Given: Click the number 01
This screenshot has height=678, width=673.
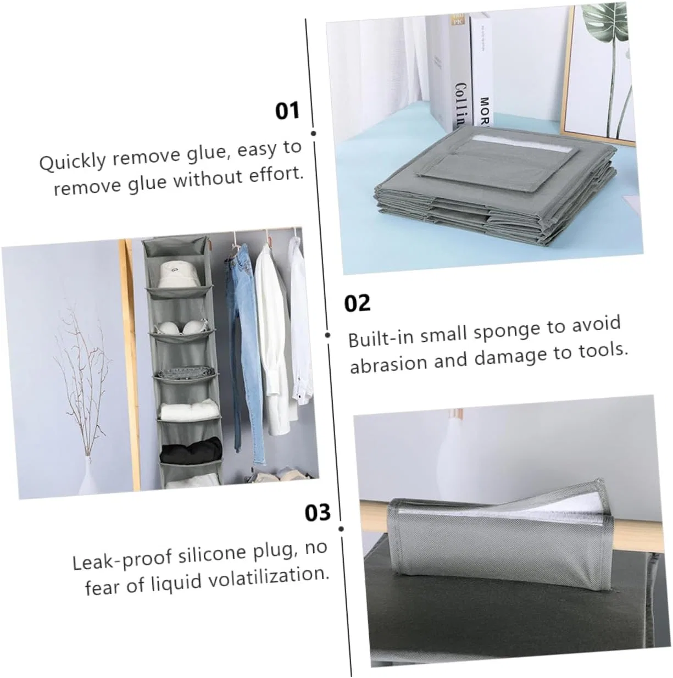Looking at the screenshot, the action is [x=287, y=110].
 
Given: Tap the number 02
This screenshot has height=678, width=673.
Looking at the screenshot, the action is [x=357, y=303].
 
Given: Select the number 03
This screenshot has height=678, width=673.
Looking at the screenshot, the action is [x=318, y=513].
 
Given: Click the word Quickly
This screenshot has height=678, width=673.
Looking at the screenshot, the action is [x=72, y=162].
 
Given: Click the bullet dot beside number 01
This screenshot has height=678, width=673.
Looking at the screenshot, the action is [x=313, y=133].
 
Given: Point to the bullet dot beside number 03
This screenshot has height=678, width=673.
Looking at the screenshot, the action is [x=341, y=529].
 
